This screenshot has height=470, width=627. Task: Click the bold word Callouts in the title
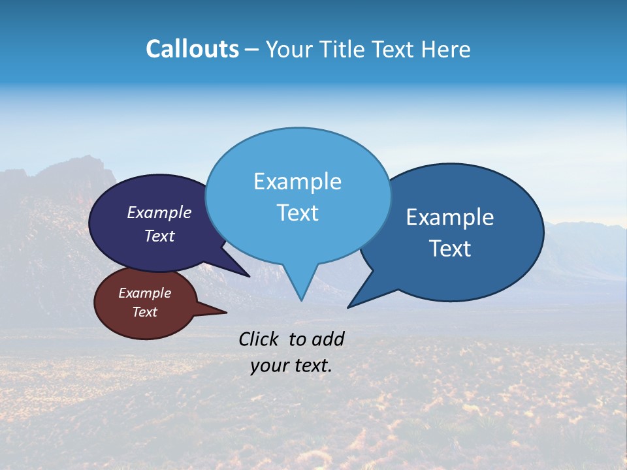point(192,49)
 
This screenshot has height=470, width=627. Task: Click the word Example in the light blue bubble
point(297,181)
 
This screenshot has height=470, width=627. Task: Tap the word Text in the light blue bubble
point(297,213)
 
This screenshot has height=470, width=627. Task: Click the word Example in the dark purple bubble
point(159,212)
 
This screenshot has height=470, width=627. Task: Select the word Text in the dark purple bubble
point(159,236)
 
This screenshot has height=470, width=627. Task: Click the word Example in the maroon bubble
point(144,293)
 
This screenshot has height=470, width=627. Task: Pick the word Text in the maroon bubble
point(144,312)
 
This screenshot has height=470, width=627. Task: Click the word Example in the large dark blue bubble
point(450,217)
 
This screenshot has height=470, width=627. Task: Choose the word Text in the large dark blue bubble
point(450,249)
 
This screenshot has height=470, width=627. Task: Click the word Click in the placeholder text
point(259,339)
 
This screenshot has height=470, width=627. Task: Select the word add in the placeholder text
point(328,339)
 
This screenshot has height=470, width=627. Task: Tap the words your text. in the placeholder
point(291,366)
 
